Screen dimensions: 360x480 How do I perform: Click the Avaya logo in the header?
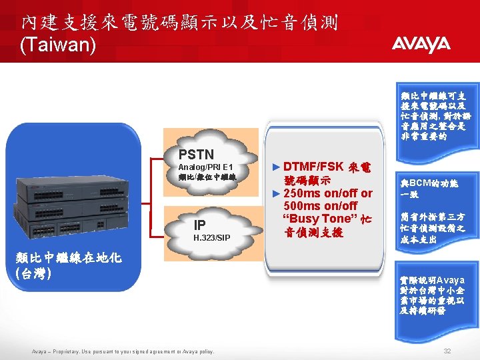click(421, 45)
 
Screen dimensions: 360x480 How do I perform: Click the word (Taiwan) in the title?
click(59, 45)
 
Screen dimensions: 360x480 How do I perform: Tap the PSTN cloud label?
click(196, 155)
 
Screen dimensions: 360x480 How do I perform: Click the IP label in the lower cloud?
click(199, 224)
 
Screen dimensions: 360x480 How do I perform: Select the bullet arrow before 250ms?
click(278, 193)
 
